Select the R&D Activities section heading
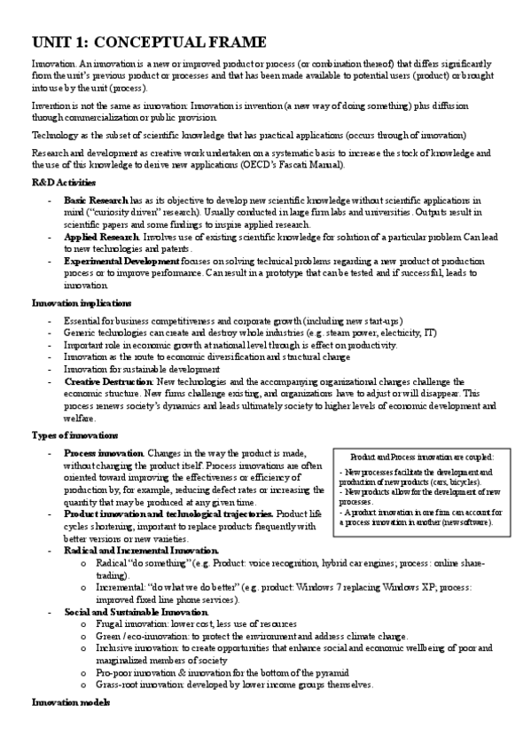click(62, 182)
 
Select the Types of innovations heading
click(74, 435)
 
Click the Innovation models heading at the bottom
click(70, 702)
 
